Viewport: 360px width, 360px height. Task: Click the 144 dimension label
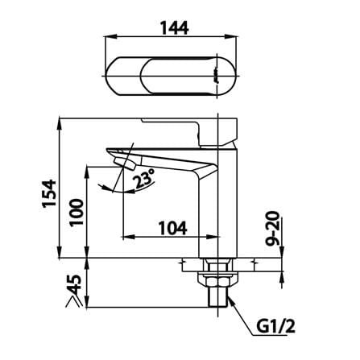click(175, 27)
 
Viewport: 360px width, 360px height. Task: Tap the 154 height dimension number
click(49, 193)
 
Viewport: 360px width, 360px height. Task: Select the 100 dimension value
click(76, 213)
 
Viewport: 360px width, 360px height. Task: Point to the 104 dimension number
click(172, 228)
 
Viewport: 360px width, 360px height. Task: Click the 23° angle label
click(145, 179)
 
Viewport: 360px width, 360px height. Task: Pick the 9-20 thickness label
click(272, 229)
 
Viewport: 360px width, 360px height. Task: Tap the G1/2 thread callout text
click(275, 326)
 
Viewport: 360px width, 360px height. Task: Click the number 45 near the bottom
click(74, 285)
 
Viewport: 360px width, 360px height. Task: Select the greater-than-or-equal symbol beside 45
click(73, 301)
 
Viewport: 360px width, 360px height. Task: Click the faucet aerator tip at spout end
click(124, 163)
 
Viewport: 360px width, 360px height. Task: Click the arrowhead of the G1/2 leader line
click(231, 300)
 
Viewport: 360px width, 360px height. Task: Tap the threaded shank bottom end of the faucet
click(218, 307)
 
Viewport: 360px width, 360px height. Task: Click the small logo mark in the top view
click(215, 76)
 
